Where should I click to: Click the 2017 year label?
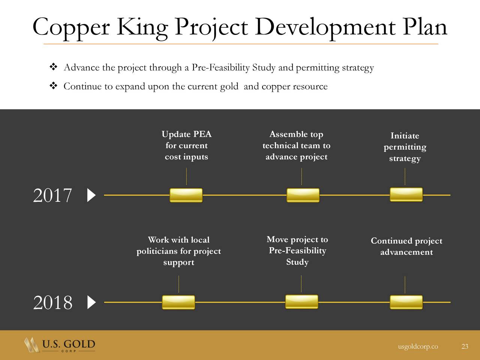coord(52,195)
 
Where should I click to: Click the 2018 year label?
coord(52,303)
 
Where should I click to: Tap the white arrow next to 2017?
coord(91,195)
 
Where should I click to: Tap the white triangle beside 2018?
coord(91,302)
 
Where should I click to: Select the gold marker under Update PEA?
coord(186,195)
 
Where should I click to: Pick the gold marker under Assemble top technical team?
coord(303,195)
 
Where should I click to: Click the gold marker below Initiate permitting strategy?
coord(406,195)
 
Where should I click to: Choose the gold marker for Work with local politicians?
coord(178,302)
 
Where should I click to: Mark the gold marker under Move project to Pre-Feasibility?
coord(301,302)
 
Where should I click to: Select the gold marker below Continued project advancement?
coord(406,302)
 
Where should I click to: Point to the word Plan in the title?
coord(425,27)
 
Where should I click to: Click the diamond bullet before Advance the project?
coord(53,67)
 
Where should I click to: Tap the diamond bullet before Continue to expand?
coord(53,85)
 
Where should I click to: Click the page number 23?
coord(465,346)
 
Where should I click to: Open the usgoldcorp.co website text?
coord(418,346)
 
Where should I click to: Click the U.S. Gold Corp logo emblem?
coord(32,345)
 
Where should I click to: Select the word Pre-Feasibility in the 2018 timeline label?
coord(297,251)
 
